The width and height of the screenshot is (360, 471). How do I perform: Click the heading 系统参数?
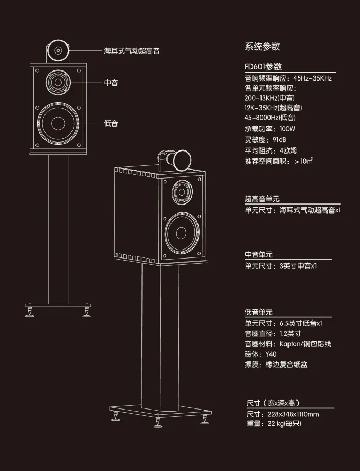pyautogui.click(x=262, y=47)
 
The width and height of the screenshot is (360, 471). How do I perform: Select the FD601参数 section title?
pyautogui.click(x=263, y=67)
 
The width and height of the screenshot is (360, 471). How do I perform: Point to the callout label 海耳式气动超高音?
pyautogui.click(x=132, y=51)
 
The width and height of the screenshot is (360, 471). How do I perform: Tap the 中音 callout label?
pyautogui.click(x=111, y=83)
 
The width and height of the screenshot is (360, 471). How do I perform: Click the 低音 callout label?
pyautogui.click(x=111, y=123)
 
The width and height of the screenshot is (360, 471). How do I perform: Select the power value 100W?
pyautogui.click(x=287, y=129)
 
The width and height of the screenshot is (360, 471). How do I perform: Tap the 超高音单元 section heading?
pyautogui.click(x=262, y=199)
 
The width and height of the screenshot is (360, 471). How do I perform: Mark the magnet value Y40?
pyautogui.click(x=270, y=354)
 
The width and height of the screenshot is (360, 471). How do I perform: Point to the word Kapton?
pyautogui.click(x=290, y=344)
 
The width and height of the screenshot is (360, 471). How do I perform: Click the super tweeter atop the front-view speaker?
pyautogui.click(x=57, y=51)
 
